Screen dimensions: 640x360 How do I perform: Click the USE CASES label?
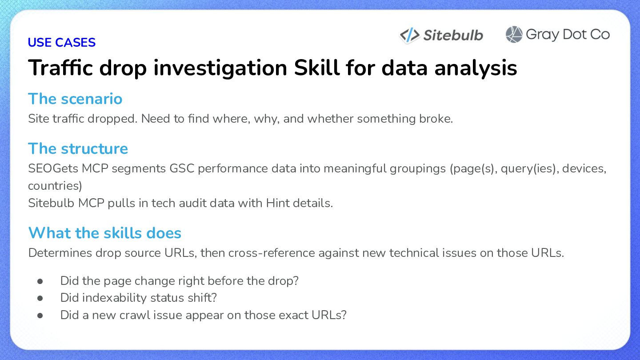point(61,42)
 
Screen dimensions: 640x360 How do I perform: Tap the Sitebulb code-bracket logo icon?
point(409,35)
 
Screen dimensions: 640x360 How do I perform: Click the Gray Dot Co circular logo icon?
point(514,34)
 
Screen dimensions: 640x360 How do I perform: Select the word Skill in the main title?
point(317,68)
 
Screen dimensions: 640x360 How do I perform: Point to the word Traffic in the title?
point(60,68)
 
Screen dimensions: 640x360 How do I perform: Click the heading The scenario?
point(75,99)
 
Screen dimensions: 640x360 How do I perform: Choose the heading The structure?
point(78,148)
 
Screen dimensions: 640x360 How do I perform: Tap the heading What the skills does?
point(105,232)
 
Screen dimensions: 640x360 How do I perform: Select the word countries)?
point(55,186)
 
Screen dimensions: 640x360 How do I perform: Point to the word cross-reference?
point(272,253)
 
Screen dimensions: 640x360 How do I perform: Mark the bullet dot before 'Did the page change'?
point(40,281)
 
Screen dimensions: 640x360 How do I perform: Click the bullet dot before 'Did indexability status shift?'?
point(40,298)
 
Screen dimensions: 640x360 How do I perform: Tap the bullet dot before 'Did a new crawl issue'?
point(40,316)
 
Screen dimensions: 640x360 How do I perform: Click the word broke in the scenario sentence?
point(436,119)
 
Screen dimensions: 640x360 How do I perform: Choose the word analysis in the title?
point(476,68)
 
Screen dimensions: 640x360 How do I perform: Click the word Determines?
point(60,253)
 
